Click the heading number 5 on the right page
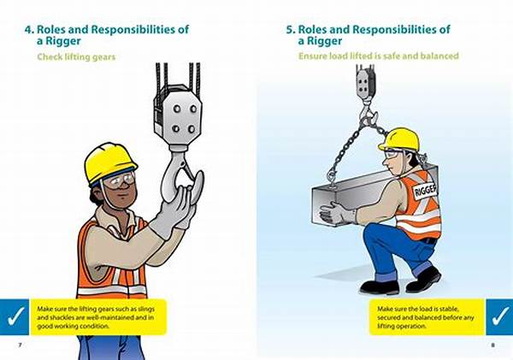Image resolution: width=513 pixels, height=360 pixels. pos(291,29)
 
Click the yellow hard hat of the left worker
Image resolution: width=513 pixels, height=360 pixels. pos(109,160)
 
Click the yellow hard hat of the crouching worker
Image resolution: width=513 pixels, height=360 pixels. pos(398,138)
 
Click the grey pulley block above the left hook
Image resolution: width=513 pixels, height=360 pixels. pos(177,115)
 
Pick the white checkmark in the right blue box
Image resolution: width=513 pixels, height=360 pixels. pos(498,314)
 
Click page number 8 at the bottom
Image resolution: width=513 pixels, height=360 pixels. pos(492,345)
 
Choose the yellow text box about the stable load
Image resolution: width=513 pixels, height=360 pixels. pos(426,314)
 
